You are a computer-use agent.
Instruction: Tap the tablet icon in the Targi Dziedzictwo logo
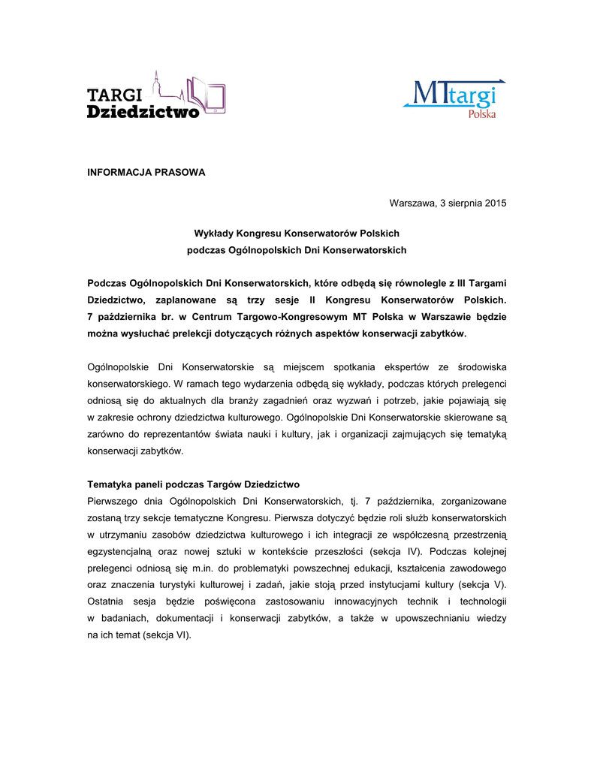pos(216,99)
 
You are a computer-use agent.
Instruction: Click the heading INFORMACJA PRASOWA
pos(146,172)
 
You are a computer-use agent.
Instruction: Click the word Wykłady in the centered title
pos(215,234)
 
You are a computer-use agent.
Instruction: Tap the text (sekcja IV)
pos(401,551)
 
